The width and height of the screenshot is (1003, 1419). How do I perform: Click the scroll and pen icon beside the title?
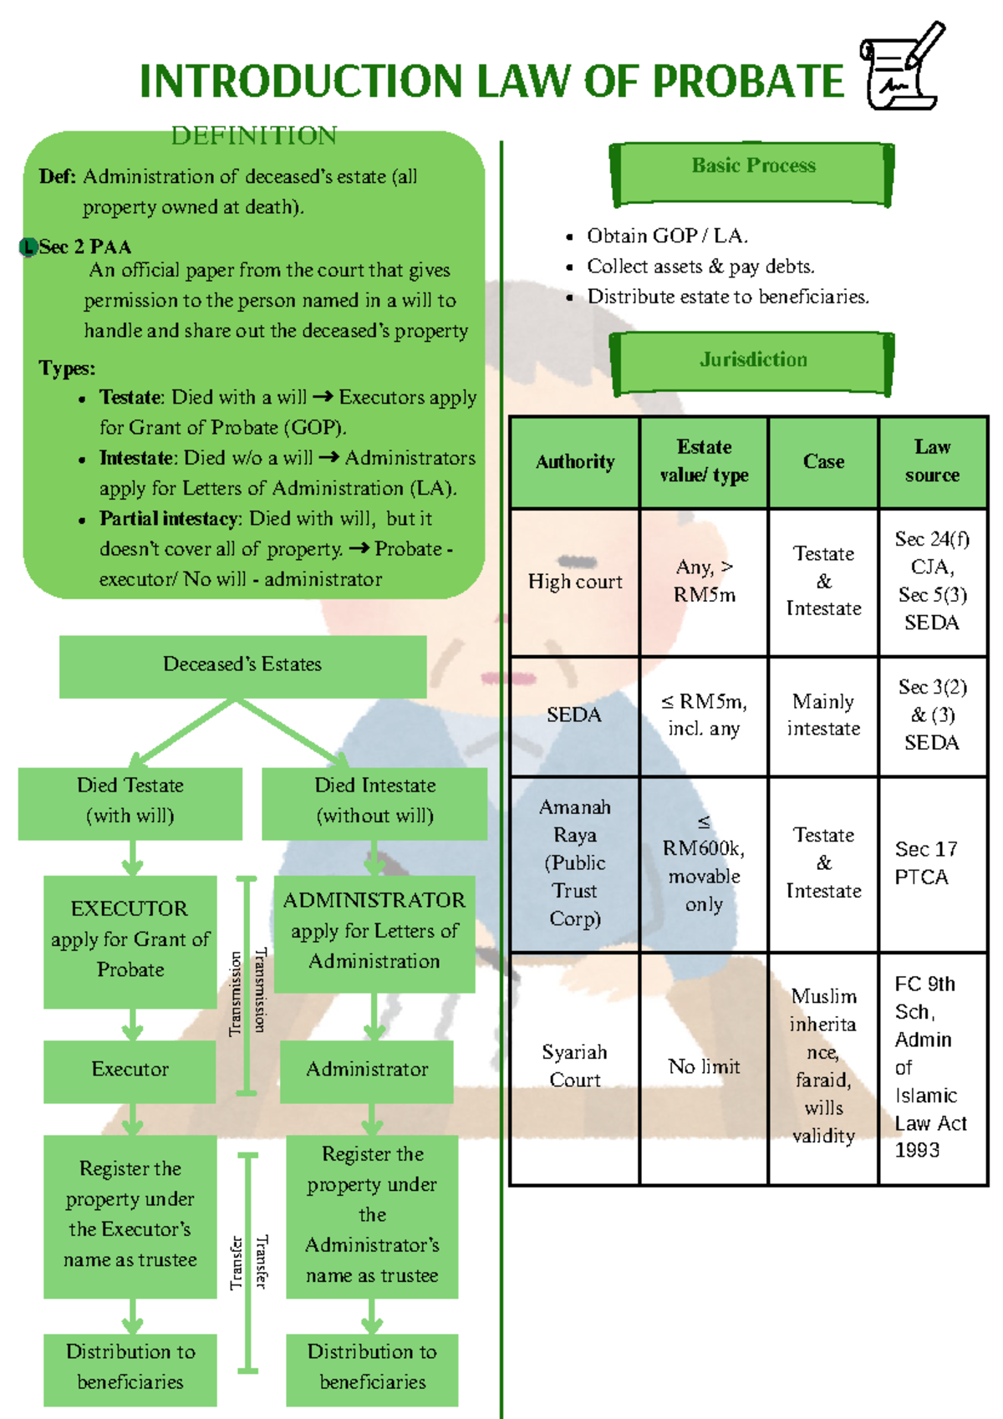pyautogui.click(x=902, y=66)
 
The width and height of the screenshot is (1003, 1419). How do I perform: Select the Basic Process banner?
pyautogui.click(x=752, y=174)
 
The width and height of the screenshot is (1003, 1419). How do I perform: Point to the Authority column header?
pyautogui.click(x=575, y=462)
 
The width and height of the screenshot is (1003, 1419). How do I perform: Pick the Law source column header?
pyautogui.click(x=932, y=462)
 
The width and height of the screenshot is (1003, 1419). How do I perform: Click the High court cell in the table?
pyautogui.click(x=575, y=582)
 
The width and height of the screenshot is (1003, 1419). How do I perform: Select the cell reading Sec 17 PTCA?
pyautogui.click(x=932, y=863)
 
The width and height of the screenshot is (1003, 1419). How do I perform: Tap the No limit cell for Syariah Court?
pyautogui.click(x=704, y=1067)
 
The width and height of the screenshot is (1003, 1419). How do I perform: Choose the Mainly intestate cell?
pyautogui.click(x=823, y=715)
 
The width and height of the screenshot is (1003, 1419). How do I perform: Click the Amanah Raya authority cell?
pyautogui.click(x=575, y=863)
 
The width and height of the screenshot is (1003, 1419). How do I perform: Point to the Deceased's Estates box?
pyautogui.click(x=242, y=666)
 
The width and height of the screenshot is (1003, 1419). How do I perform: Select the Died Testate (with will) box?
pyautogui.click(x=130, y=803)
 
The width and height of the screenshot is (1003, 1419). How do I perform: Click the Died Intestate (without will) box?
pyautogui.click(x=374, y=803)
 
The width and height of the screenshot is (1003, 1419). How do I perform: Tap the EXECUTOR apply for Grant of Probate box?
pyautogui.click(x=130, y=941)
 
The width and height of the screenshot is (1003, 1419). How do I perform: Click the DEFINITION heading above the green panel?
pyautogui.click(x=253, y=135)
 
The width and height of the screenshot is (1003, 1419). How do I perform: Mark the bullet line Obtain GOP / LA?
pyautogui.click(x=667, y=236)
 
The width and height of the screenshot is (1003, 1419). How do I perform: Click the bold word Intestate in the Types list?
pyautogui.click(x=135, y=457)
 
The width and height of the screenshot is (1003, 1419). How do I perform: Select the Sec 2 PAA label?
pyautogui.click(x=85, y=247)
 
